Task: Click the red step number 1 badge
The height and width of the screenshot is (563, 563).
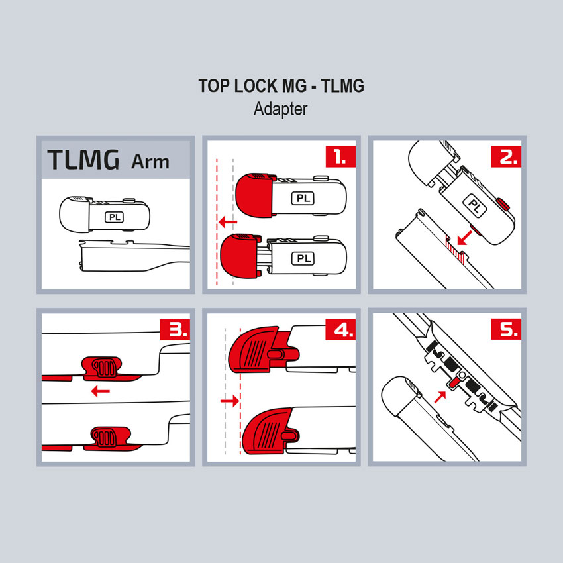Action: coord(340,156)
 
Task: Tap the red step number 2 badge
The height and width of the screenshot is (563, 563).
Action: coord(506,156)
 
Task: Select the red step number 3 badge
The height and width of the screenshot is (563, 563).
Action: coord(175,329)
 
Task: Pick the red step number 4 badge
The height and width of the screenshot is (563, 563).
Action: coord(340,329)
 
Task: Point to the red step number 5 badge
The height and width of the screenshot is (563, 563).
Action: coord(506,329)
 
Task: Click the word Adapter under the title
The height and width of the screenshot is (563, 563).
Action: coord(280,109)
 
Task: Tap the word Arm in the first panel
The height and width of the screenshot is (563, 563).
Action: coord(150,162)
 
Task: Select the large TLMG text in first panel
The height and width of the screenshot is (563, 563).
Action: coord(83,160)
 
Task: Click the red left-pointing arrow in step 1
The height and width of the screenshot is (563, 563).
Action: coord(228,222)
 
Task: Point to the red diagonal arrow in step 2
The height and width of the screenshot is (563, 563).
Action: coord(464,238)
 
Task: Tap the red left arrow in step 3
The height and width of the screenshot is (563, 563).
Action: coord(101,391)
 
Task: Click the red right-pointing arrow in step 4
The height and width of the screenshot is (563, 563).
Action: coord(230,400)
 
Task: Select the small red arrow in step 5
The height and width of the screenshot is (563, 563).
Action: coord(440,397)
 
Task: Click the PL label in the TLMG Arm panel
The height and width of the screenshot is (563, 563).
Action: coord(115,217)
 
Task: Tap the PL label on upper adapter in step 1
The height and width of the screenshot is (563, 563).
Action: coord(303,198)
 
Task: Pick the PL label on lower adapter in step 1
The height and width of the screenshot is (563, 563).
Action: coord(303,258)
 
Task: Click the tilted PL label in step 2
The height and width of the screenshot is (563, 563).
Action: coord(475,206)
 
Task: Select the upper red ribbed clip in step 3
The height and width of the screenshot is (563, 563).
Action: coord(102,368)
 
